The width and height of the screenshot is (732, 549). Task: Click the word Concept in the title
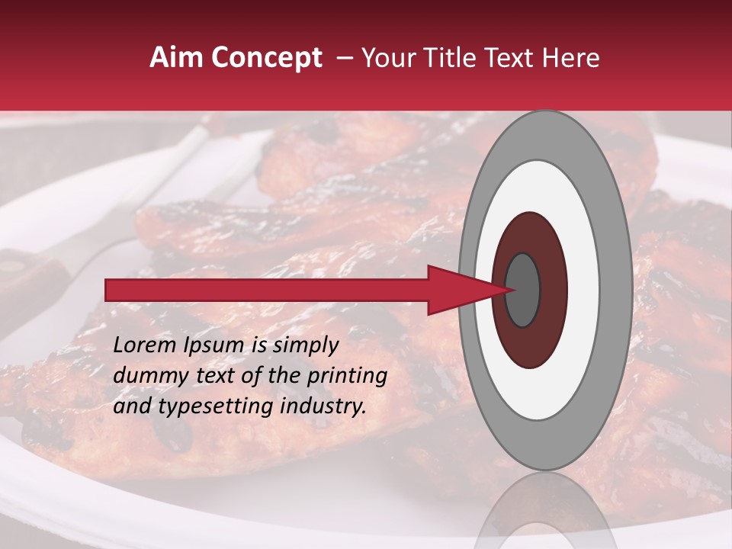click(268, 59)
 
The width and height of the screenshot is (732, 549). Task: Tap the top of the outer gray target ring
click(545, 134)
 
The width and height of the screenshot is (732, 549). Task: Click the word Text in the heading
click(510, 58)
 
